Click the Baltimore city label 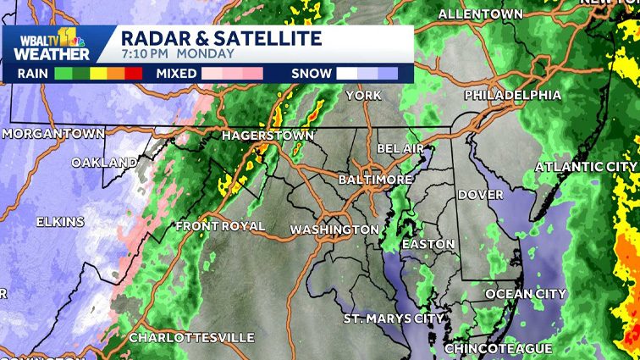(375, 180)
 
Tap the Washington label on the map (334, 230)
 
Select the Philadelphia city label (512, 94)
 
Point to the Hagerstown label (268, 136)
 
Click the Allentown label (480, 14)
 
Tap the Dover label (480, 195)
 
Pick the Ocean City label (526, 294)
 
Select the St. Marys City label (394, 318)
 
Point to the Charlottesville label (190, 337)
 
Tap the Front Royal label (220, 226)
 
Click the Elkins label (60, 222)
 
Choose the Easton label (428, 244)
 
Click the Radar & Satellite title (221, 38)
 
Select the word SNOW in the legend (311, 74)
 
